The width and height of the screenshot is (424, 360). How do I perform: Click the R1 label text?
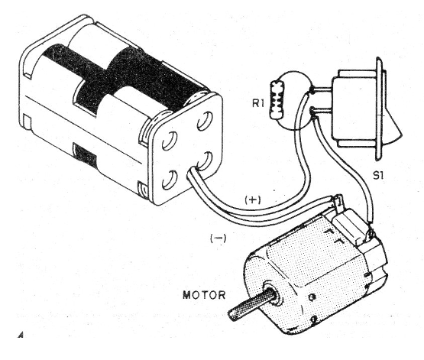point(258,103)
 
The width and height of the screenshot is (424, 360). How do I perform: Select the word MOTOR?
point(204,295)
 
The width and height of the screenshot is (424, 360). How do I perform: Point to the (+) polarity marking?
point(253,200)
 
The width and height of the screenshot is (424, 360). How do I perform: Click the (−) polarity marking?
point(218,238)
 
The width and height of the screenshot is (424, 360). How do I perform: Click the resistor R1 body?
point(277,101)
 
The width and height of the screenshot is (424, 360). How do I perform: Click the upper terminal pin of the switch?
point(321,89)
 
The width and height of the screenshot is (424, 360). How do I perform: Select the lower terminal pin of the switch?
point(321,110)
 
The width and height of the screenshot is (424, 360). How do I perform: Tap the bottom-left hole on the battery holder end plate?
point(170,180)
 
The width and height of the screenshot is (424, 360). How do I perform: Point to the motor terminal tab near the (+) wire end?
point(338,203)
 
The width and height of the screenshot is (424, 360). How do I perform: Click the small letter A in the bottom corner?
point(21,336)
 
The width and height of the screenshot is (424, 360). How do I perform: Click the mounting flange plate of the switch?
point(379,109)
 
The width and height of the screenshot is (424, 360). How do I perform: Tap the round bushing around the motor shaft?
point(273,294)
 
